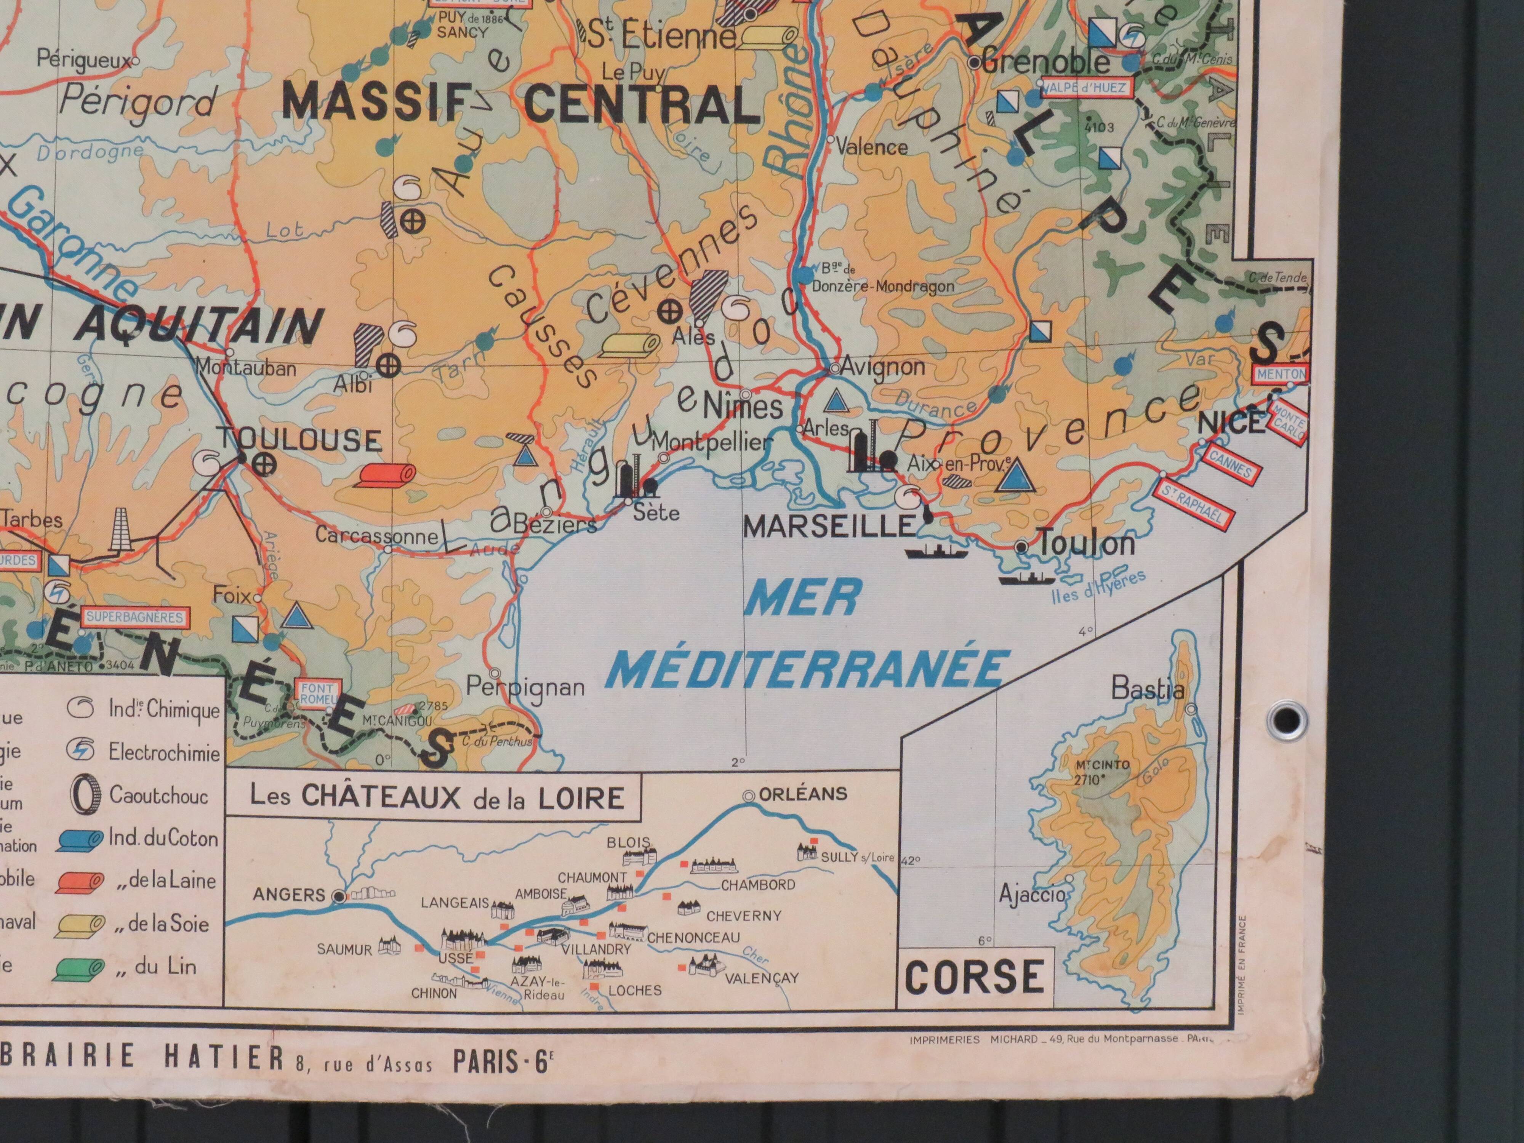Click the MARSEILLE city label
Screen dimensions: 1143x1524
[829, 527]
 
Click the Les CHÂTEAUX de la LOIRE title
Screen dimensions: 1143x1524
[437, 797]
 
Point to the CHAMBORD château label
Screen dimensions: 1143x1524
[758, 885]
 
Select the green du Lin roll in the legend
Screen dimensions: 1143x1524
[80, 968]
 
